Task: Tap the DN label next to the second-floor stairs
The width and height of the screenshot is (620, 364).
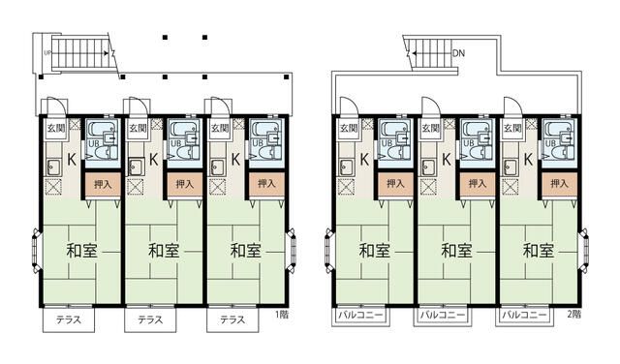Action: coord(457,54)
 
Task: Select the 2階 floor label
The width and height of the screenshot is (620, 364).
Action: coord(574,314)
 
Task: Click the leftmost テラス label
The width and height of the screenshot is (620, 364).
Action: coord(67,319)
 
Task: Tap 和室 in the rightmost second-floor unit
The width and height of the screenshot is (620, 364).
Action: coord(539,250)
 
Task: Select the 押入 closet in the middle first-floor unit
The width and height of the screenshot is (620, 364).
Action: coord(182,182)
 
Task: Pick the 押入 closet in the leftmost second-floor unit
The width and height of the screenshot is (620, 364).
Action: coord(394,182)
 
